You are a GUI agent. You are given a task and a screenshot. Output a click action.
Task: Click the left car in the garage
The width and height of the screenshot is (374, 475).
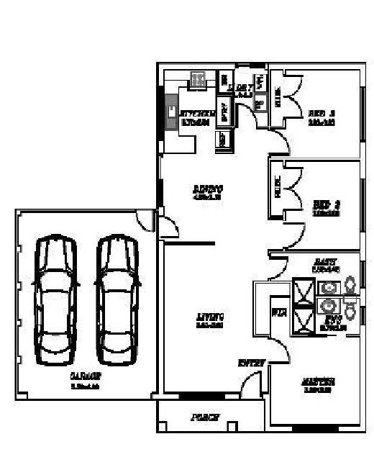point(56,299)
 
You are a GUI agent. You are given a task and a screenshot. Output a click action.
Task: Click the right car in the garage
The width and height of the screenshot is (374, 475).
point(117,299)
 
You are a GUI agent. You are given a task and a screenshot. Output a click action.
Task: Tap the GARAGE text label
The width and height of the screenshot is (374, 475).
point(85,376)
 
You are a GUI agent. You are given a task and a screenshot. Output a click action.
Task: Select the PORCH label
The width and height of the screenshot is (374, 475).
point(204,417)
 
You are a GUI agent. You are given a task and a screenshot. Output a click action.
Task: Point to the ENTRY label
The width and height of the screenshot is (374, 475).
point(252,362)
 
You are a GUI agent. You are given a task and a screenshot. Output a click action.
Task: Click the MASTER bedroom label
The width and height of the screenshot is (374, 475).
point(319,381)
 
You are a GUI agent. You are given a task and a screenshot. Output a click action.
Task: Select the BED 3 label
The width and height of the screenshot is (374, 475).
point(322,113)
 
